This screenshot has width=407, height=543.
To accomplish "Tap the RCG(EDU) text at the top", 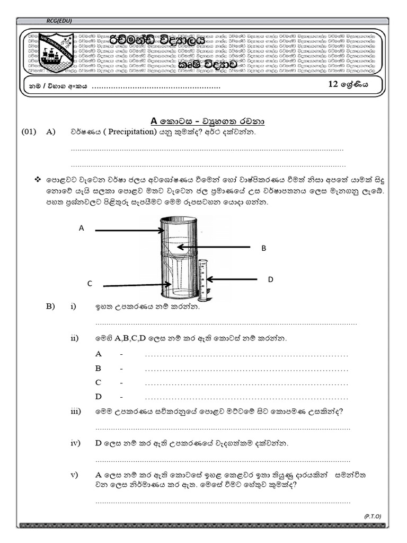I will pos(59,21).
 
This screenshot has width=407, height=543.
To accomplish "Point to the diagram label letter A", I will pos(81,229).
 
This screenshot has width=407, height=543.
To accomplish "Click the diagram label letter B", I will pos(263,248).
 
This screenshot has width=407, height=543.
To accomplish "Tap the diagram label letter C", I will pos(90,284).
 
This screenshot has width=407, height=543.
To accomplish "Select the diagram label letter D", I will pos(270,279).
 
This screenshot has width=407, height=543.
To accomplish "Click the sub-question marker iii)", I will pos(76,411).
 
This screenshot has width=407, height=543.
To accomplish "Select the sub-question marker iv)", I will pos(75,443).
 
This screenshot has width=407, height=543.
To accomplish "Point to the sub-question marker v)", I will pos(74,475).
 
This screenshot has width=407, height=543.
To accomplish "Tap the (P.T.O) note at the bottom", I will pos(373,516).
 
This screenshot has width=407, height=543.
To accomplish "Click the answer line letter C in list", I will pos(98,382).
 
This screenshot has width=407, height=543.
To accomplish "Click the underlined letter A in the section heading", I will pos(155,121).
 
